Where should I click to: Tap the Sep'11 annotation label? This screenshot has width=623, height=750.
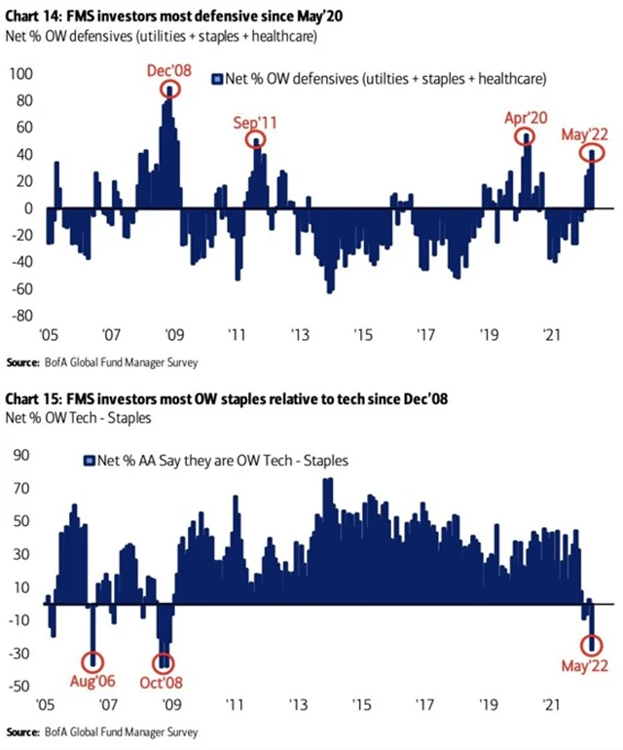point(255,123)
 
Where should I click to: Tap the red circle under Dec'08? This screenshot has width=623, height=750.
point(171,90)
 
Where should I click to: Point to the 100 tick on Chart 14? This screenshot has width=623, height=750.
point(20,74)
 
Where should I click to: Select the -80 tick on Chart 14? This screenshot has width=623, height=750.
point(21,316)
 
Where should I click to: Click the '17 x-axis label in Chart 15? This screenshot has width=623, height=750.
point(423,703)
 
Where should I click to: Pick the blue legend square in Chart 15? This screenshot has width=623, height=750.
point(89,459)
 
